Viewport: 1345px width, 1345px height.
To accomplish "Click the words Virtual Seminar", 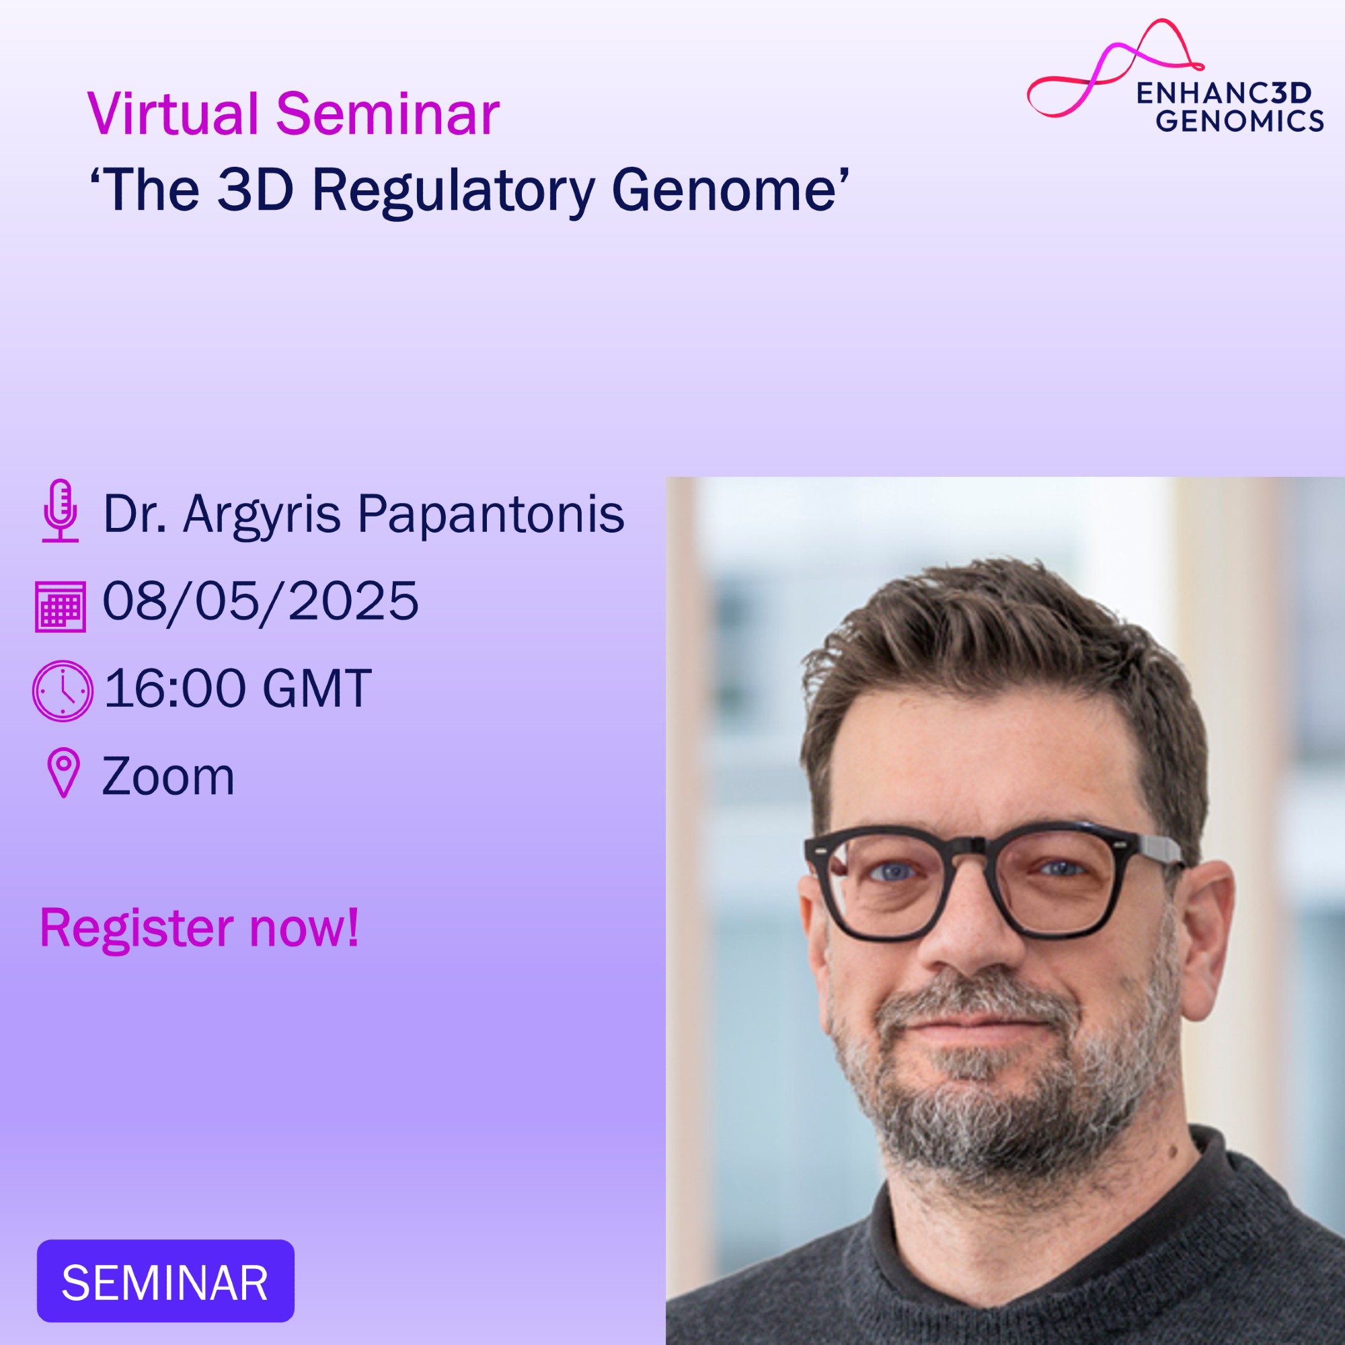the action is [293, 114].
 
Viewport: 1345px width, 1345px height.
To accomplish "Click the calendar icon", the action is [61, 606].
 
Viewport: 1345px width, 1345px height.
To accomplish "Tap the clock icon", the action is [63, 691].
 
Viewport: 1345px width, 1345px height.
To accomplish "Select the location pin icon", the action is [63, 773].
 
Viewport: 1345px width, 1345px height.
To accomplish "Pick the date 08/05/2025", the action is [260, 601].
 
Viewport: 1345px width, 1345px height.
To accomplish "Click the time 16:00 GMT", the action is [237, 688].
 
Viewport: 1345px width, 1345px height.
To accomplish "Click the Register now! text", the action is [200, 927].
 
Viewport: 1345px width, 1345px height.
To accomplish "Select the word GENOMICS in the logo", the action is [1239, 120].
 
